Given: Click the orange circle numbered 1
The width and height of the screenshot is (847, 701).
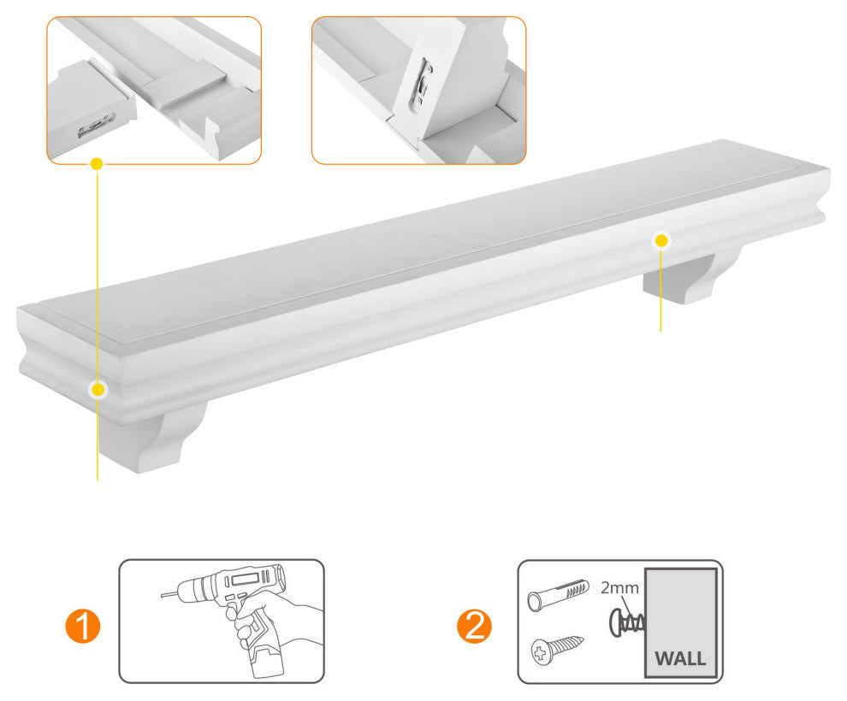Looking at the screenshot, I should [x=82, y=627].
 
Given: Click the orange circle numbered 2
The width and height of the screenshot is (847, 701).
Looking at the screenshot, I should [x=474, y=627].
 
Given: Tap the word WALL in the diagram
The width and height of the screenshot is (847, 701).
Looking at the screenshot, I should [x=680, y=658].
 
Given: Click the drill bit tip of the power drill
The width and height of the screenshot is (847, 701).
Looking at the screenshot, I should [x=166, y=591].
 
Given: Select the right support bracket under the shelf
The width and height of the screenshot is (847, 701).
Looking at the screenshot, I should [x=693, y=274].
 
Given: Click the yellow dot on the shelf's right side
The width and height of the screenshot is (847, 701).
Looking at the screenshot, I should [x=660, y=240].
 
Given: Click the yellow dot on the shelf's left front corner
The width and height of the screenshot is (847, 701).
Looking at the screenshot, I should [x=98, y=390].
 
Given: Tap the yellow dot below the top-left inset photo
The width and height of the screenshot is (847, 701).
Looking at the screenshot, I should [x=97, y=162].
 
